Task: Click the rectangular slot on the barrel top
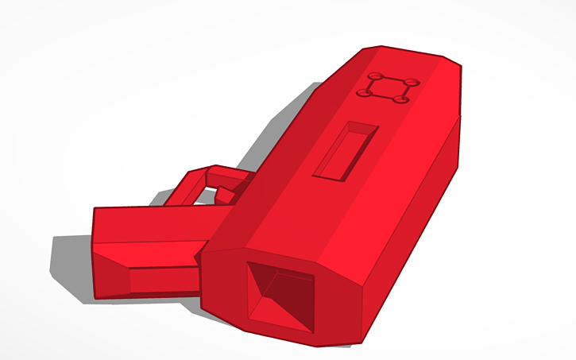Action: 346,150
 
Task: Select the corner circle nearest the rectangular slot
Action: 365,95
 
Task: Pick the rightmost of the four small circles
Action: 413,82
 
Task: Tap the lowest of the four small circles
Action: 401,99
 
